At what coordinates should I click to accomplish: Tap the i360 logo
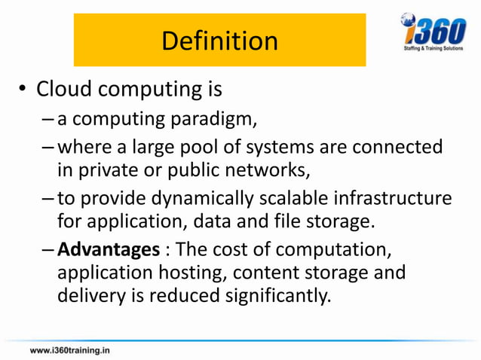pos(433,31)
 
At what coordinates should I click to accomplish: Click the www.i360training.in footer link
pos(69,350)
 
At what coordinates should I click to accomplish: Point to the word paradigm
pos(210,119)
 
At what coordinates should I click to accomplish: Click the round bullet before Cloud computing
pos(23,92)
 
